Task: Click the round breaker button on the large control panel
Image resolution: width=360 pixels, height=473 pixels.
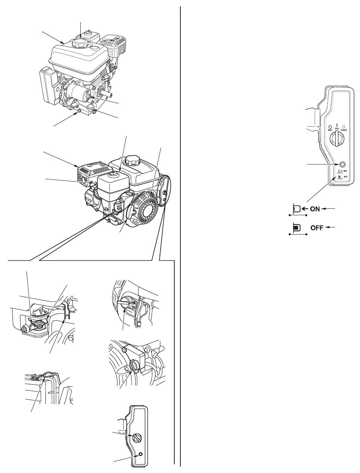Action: coord(342,164)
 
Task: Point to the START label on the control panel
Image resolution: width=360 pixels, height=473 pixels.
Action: coord(344,130)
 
